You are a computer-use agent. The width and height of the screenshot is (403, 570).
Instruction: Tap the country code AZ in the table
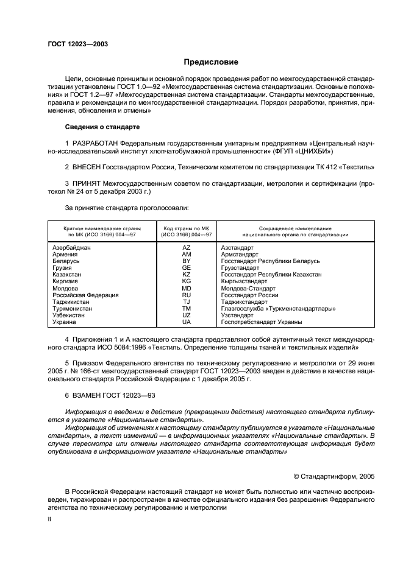187,248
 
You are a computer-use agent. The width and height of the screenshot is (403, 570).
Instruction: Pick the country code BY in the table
187,261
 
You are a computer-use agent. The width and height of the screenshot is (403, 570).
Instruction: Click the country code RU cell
187,295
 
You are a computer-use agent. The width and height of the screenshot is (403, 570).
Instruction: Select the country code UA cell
187,322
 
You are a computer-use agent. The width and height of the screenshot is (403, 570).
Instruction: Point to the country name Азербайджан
71,248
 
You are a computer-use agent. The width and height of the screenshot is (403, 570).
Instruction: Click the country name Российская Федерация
85,295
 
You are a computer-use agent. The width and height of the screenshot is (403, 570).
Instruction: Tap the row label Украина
65,322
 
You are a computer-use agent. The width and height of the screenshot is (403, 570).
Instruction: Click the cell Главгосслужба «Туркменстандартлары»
269,308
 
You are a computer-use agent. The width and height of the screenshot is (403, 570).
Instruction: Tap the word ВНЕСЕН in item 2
89,166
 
